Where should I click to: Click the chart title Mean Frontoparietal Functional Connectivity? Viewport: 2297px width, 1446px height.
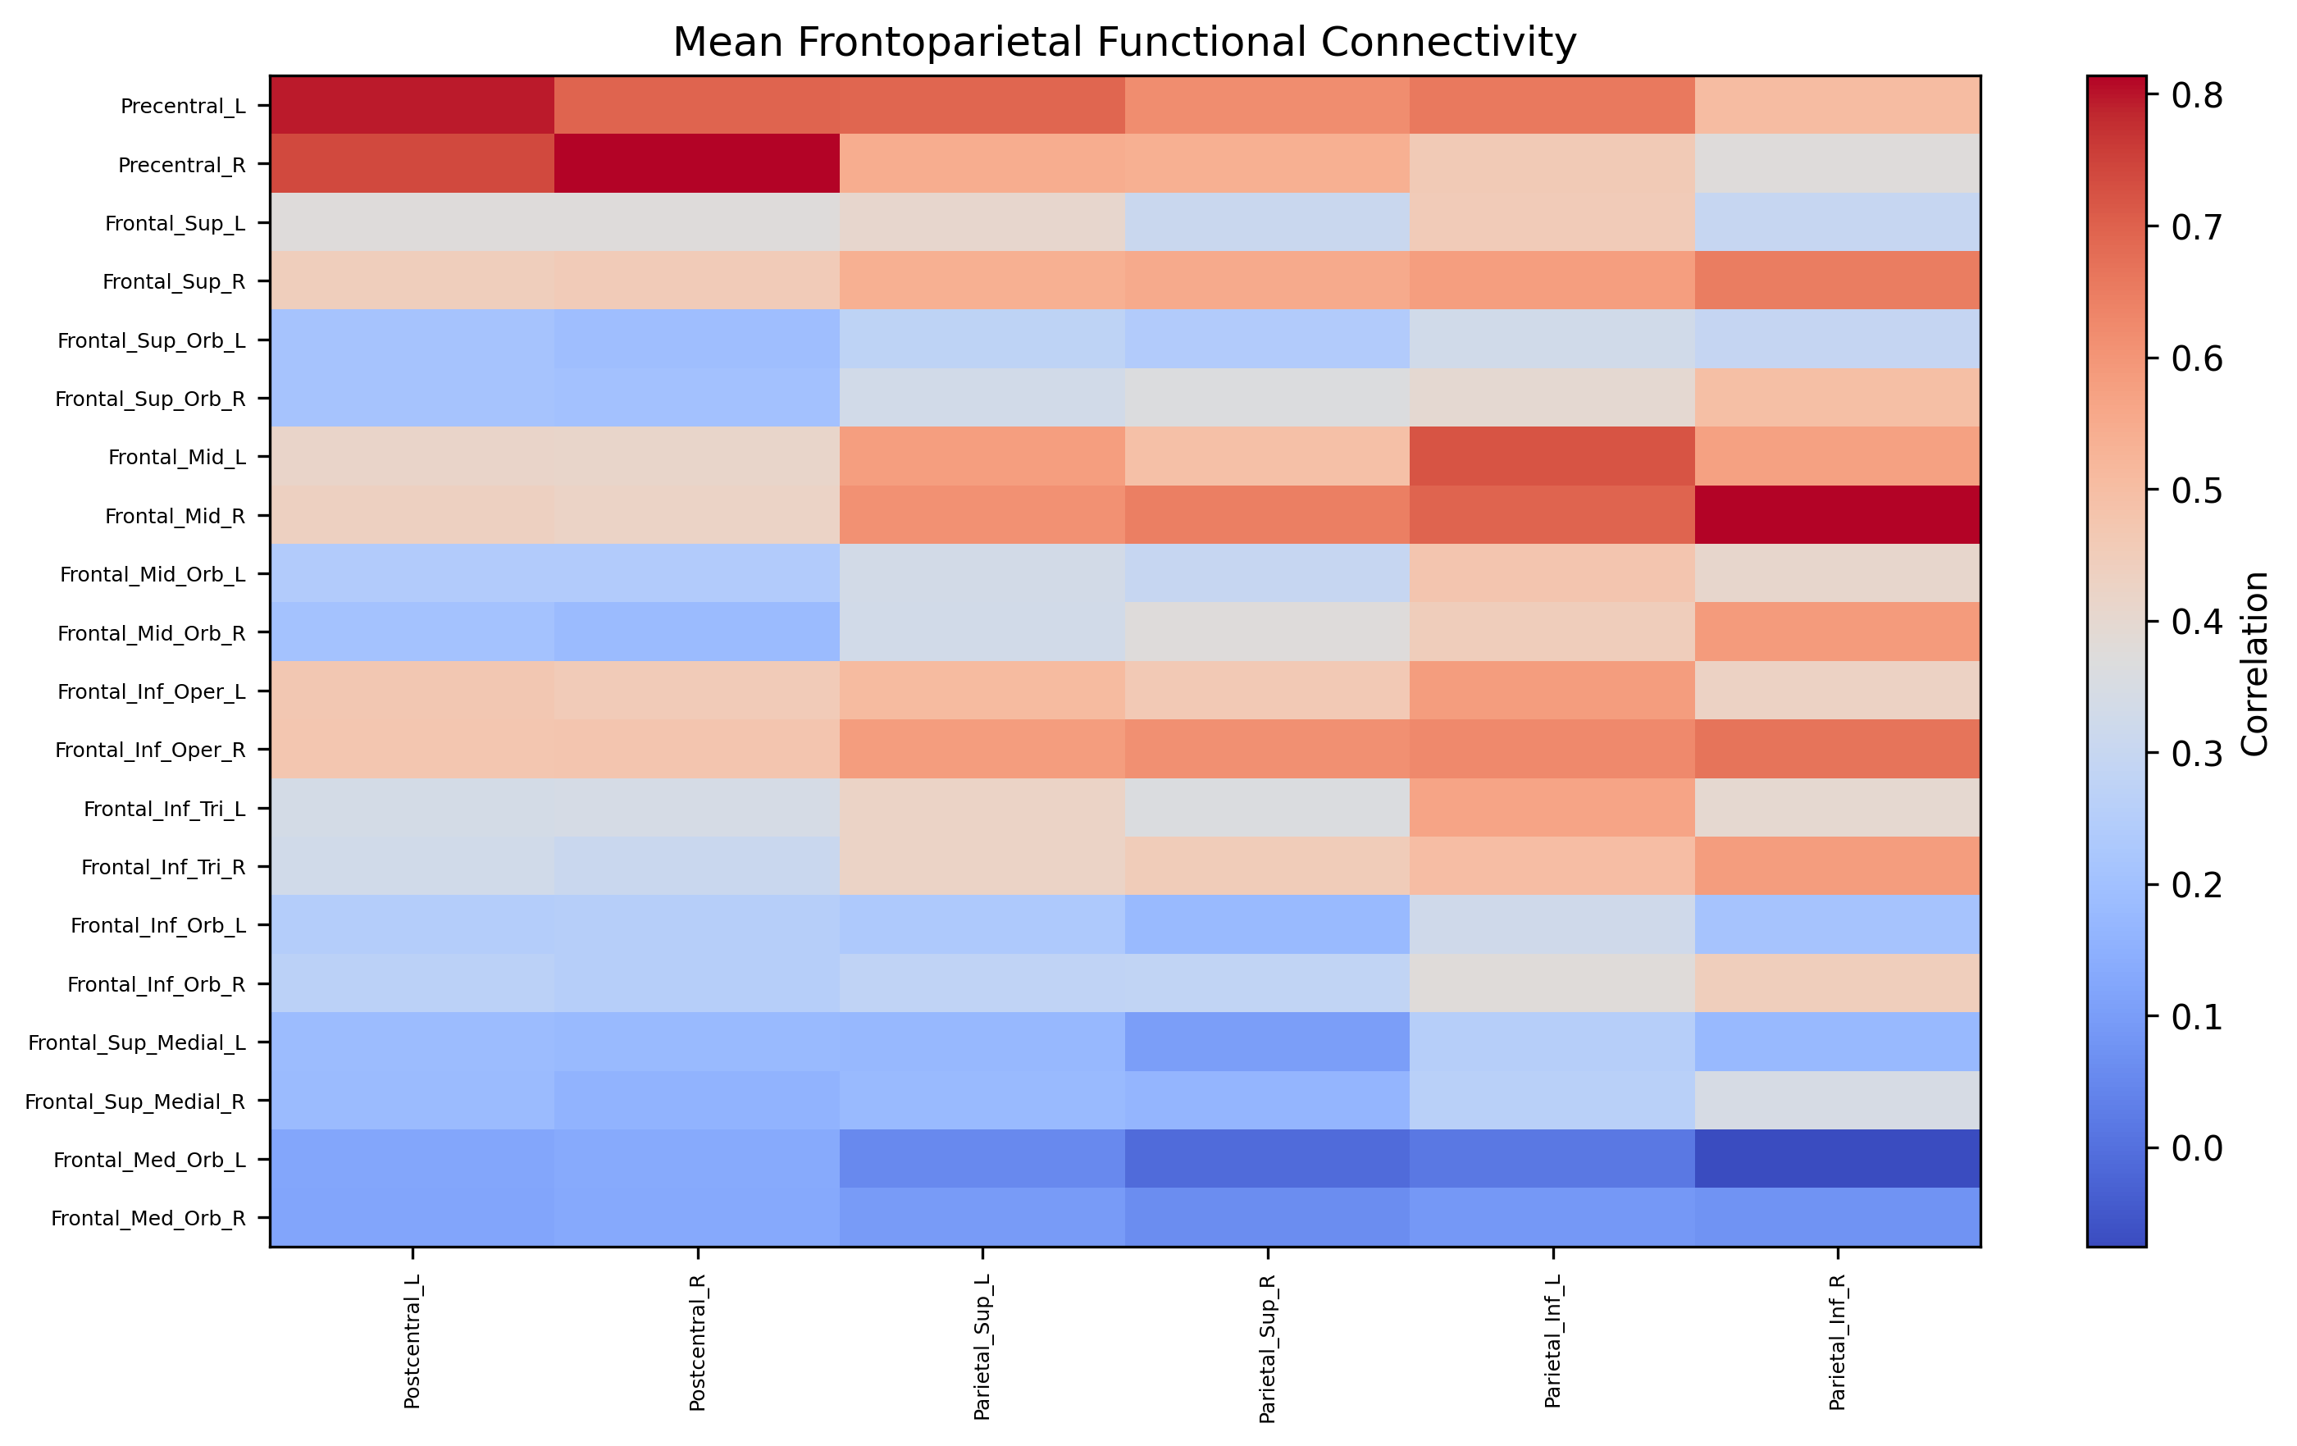coord(1123,43)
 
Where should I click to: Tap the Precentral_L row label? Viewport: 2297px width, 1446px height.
coord(182,106)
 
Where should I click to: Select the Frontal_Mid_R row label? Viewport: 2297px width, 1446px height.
coord(175,516)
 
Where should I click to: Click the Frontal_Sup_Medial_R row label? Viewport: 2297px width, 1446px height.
coord(134,1102)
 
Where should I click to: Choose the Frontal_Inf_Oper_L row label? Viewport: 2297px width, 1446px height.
coord(151,691)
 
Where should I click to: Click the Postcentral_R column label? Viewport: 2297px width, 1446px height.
coord(697,1341)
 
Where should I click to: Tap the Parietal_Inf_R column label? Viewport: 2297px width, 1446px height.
coord(1837,1341)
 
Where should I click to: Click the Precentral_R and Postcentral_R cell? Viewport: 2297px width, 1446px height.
coord(697,164)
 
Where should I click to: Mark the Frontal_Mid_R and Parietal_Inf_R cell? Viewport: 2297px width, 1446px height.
coord(1837,515)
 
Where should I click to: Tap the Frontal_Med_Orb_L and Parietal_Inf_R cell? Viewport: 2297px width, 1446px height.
coord(1837,1159)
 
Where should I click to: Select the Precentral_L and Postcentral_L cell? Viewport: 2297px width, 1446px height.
coord(412,105)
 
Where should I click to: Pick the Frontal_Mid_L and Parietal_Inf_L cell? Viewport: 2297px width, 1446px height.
coord(1552,457)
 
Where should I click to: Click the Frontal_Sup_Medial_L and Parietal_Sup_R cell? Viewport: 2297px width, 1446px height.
coord(1267,1042)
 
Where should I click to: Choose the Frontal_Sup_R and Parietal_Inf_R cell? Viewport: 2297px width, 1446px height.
coord(1837,281)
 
